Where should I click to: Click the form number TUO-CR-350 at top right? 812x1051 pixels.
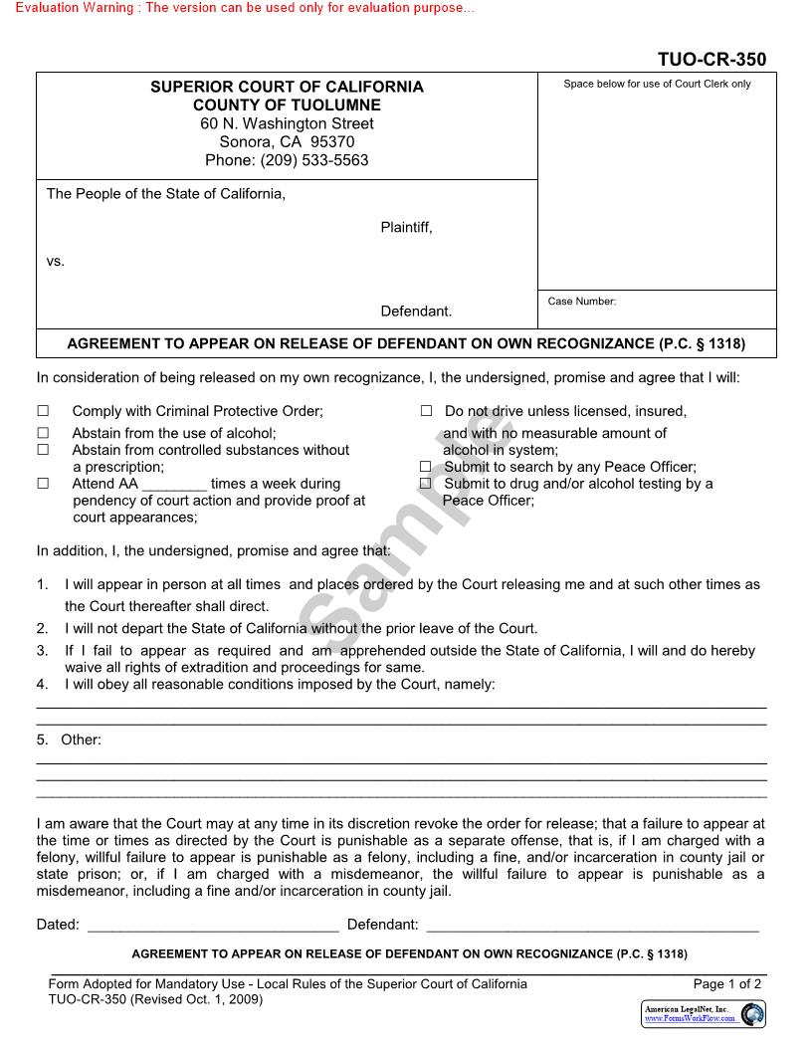coord(711,60)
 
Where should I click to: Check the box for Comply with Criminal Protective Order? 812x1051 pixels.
coord(43,411)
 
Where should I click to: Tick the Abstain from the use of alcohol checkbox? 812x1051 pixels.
coord(43,433)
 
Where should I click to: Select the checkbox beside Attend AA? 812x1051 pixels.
coord(43,484)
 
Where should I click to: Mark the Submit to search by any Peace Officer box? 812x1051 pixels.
coord(426,467)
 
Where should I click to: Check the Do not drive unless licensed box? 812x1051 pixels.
coord(426,411)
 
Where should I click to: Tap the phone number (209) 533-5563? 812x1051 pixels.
coord(287,160)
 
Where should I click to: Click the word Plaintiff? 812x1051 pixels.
coord(406,228)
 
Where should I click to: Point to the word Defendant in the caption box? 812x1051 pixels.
coord(416,312)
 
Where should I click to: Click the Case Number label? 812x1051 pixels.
coord(582,302)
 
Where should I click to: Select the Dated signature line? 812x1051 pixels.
coord(213,926)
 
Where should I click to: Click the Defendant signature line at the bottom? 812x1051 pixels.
coord(592,926)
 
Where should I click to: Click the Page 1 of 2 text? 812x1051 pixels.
coord(727,984)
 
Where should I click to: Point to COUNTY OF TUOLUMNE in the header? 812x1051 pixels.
coord(287,105)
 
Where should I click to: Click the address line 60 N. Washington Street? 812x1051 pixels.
coord(287,123)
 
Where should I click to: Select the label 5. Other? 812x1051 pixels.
coord(70,739)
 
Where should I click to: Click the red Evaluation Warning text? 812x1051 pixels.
coord(238,8)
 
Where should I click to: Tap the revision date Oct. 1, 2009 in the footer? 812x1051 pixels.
coord(228,999)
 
